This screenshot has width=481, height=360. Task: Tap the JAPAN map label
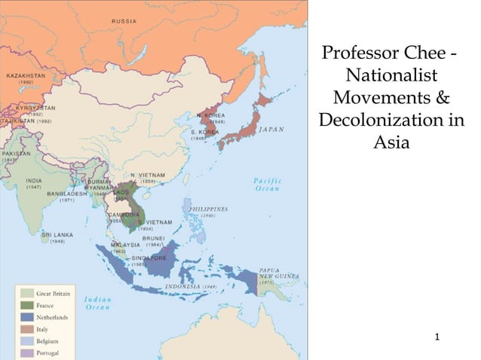272,129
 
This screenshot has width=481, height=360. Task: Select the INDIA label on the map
35,181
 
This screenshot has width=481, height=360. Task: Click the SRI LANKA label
57,234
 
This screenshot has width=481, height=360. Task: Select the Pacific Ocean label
266,185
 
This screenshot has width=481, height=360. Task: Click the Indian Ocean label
97,303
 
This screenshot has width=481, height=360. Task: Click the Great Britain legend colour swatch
26,294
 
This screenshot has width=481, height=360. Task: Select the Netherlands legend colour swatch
26,318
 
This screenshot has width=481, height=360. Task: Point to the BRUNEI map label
155,236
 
